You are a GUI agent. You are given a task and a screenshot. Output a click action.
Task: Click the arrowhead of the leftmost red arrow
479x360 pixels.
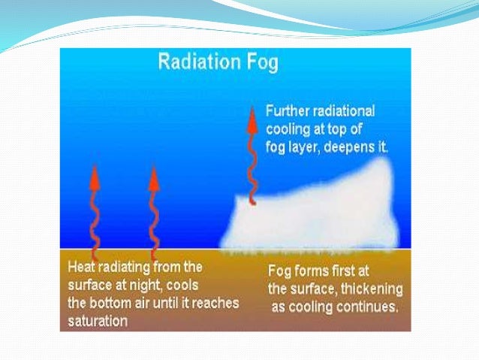click(95, 176)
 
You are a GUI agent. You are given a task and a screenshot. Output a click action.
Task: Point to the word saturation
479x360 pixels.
click(96, 320)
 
